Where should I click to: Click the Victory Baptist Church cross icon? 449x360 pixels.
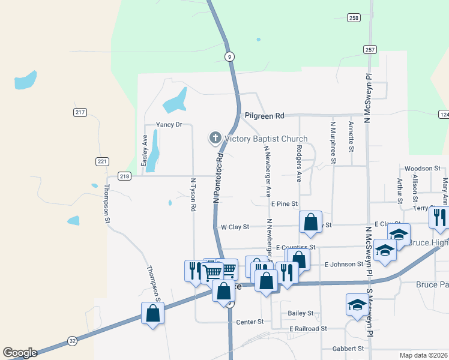coord(215,139)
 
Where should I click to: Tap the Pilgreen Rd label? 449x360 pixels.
coord(264,115)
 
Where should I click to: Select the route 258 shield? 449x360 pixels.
coord(354,18)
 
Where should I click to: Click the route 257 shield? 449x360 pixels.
coord(369,49)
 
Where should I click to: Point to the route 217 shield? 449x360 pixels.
coord(80,112)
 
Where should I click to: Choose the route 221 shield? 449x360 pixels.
coord(102,161)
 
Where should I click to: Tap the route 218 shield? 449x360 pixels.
coord(124,176)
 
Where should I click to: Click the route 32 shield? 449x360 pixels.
coord(73,340)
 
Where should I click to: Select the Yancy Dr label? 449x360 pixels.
coord(169,125)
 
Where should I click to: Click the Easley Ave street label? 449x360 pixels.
coord(144,151)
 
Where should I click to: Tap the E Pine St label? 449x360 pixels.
coord(284,204)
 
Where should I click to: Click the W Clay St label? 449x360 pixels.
coord(235,227)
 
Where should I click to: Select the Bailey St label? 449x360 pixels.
coord(301,313)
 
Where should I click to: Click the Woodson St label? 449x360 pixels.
coord(423,169)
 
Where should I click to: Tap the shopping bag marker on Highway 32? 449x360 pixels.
coord(153,313)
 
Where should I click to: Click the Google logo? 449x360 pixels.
coord(20,353)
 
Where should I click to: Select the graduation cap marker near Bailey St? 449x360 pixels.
coord(357,304)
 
